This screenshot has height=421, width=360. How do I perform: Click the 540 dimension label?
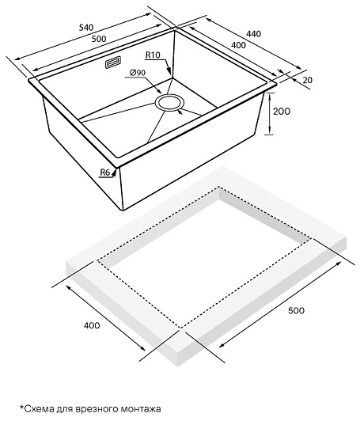pyautogui.click(x=86, y=27)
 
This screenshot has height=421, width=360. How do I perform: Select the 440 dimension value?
pyautogui.click(x=253, y=34)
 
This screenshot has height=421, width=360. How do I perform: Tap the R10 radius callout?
pyautogui.click(x=153, y=55)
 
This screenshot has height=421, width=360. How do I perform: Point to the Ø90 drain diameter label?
pyautogui.click(x=137, y=73)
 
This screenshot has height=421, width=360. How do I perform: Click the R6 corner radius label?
pyautogui.click(x=105, y=173)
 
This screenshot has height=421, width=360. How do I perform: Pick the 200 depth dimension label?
pyautogui.click(x=282, y=111)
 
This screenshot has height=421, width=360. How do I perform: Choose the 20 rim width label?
pyautogui.click(x=307, y=80)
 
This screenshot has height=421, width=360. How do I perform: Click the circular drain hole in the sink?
pyautogui.click(x=169, y=102)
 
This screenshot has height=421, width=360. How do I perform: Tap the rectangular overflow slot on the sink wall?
pyautogui.click(x=113, y=63)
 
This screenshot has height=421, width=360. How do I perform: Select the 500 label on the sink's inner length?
pyautogui.click(x=99, y=39)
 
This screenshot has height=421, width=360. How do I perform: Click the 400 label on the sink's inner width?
pyautogui.click(x=238, y=45)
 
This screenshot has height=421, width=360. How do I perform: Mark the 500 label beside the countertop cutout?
pyautogui.click(x=296, y=310)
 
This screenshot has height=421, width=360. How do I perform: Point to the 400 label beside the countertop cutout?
pyautogui.click(x=92, y=325)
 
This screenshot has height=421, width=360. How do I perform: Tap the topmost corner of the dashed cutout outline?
pyautogui.click(x=219, y=186)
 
